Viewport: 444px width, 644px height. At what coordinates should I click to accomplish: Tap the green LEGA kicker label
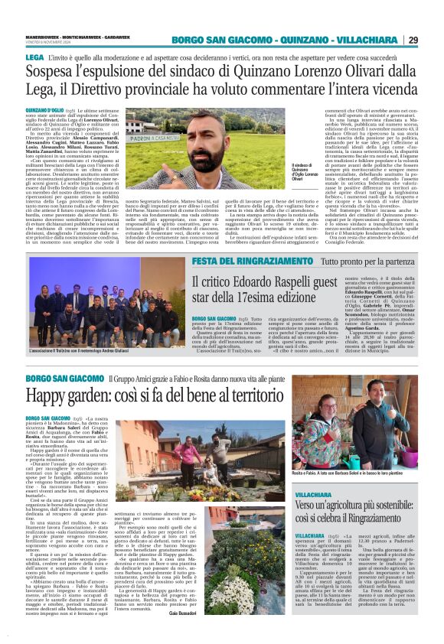34,58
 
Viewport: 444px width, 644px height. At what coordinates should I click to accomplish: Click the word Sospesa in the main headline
55,73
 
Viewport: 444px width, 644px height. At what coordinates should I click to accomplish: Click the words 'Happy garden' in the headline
74,395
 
